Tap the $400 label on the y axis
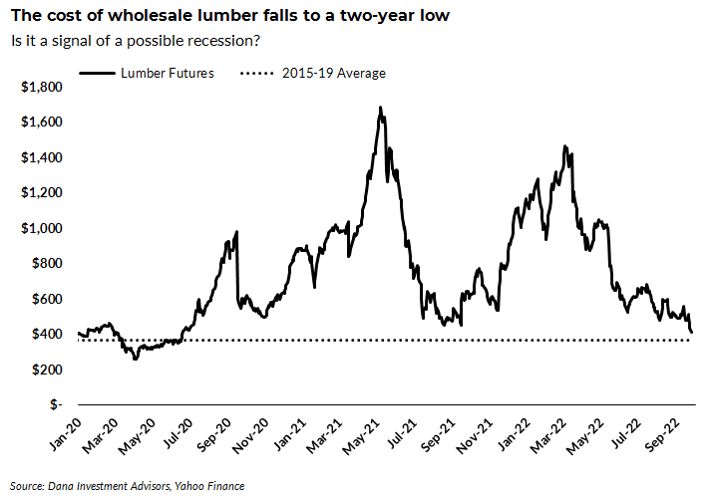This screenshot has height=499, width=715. click(46, 335)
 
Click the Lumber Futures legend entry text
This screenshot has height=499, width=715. click(167, 73)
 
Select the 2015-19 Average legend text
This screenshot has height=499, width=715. click(333, 73)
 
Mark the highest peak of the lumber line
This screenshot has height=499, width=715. click(381, 107)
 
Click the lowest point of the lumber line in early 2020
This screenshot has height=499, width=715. click(135, 359)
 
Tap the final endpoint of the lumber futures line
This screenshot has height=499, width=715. click(693, 333)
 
